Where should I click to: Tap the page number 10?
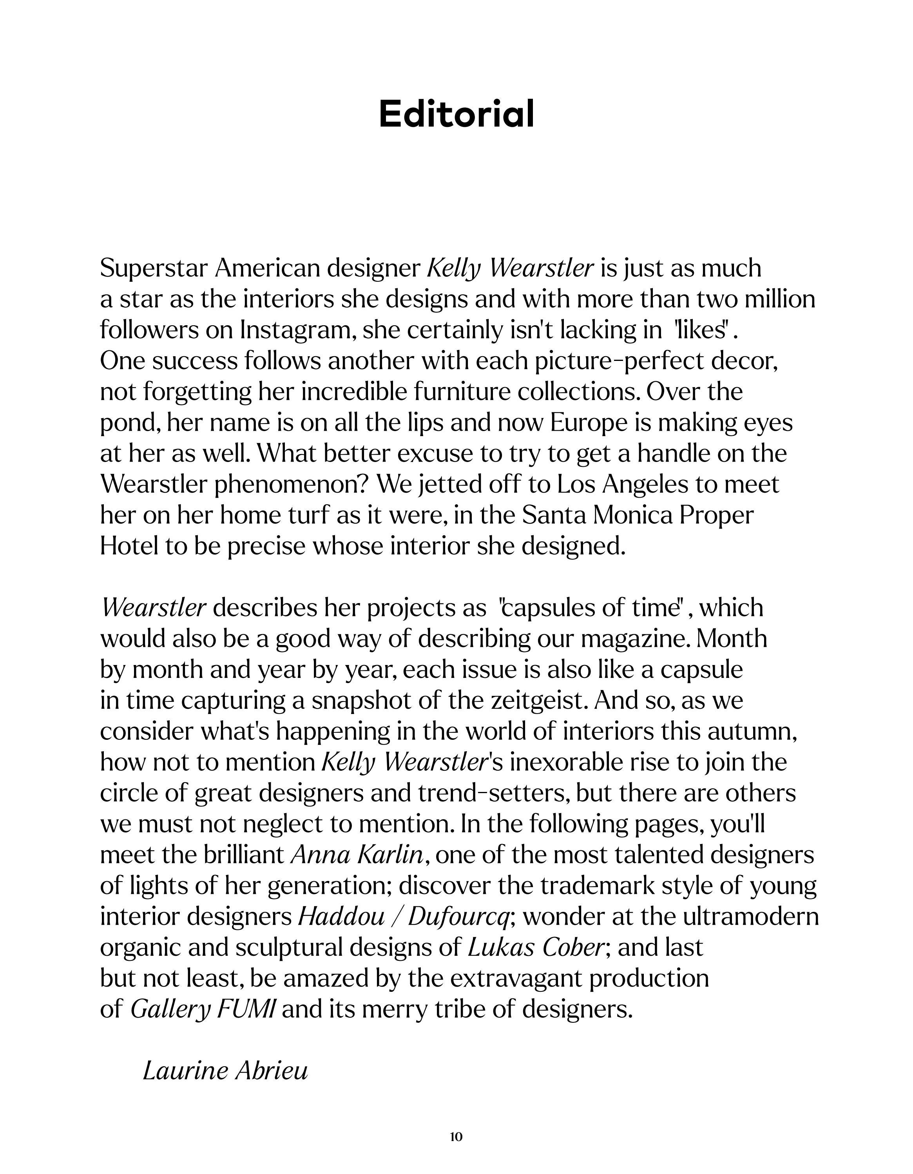pos(456,1136)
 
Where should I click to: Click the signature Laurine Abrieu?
pos(225,1070)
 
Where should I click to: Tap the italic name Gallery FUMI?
pos(203,1009)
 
